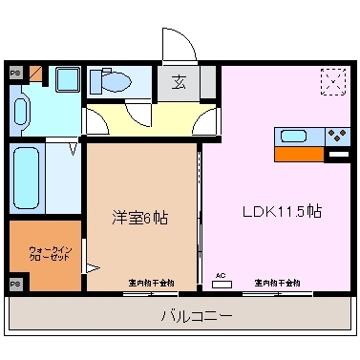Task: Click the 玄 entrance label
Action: point(180,82)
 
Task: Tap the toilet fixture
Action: point(110,83)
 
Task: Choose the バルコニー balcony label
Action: point(181,314)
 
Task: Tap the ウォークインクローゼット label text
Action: point(45,255)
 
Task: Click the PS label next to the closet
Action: point(14,285)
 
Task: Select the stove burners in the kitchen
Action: point(337,135)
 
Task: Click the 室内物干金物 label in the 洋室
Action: point(150,283)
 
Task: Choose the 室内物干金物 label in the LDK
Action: point(277,283)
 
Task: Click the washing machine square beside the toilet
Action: point(66,82)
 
